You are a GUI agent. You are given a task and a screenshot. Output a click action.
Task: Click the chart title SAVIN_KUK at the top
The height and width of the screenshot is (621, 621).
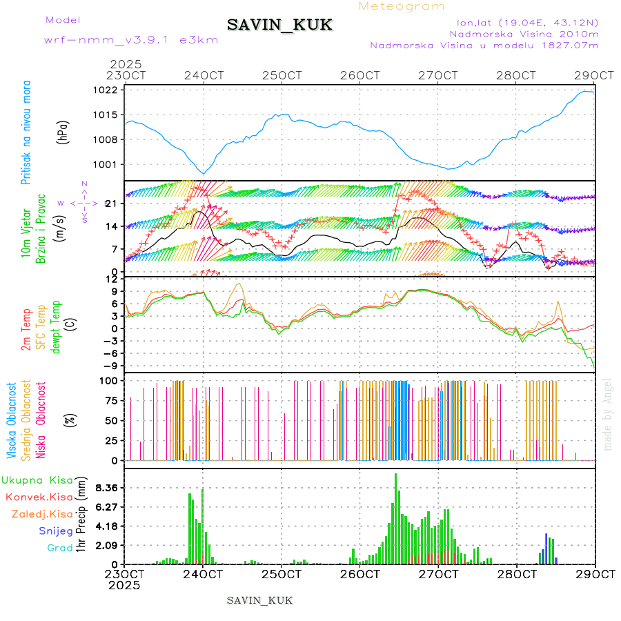click(279, 26)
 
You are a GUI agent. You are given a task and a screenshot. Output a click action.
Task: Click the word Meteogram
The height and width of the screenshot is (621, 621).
click(402, 6)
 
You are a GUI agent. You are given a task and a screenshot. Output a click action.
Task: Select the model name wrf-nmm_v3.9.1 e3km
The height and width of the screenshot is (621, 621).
click(131, 39)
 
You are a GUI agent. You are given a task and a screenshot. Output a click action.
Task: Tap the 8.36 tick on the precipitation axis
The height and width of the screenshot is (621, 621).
click(107, 488)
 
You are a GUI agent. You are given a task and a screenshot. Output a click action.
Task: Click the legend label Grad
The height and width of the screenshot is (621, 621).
click(60, 548)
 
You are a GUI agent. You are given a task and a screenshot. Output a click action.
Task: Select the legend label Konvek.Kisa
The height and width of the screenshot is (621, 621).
click(39, 497)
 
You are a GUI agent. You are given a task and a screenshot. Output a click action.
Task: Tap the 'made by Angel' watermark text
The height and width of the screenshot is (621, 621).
click(608, 414)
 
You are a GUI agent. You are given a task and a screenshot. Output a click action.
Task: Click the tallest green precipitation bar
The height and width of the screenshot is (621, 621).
click(395, 517)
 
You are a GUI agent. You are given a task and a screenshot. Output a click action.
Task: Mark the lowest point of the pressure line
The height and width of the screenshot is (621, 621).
click(204, 173)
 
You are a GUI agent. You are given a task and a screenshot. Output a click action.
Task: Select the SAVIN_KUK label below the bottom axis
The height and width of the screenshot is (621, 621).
click(259, 600)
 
